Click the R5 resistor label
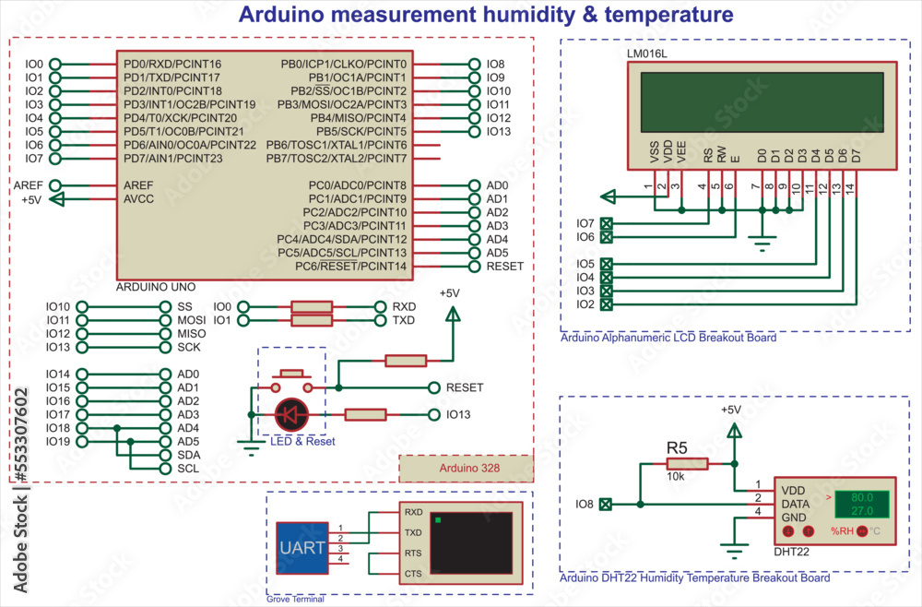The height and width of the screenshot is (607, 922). click(x=677, y=447)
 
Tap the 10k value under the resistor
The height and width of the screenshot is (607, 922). click(x=675, y=478)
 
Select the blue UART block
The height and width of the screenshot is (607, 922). click(x=301, y=548)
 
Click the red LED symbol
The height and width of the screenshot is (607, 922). click(x=292, y=416)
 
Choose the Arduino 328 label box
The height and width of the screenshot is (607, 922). click(x=467, y=469)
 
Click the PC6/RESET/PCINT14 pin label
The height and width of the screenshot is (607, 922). click(x=341, y=267)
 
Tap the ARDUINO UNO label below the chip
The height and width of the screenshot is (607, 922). click(x=155, y=287)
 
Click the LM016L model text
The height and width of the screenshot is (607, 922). click(x=646, y=54)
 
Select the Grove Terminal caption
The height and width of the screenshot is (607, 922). click(x=295, y=599)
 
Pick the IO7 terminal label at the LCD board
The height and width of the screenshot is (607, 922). click(x=585, y=223)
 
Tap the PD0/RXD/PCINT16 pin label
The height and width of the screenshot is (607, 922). click(x=171, y=64)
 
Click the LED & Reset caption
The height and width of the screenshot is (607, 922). click(x=302, y=442)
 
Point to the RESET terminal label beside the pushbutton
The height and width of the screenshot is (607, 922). click(x=464, y=387)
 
